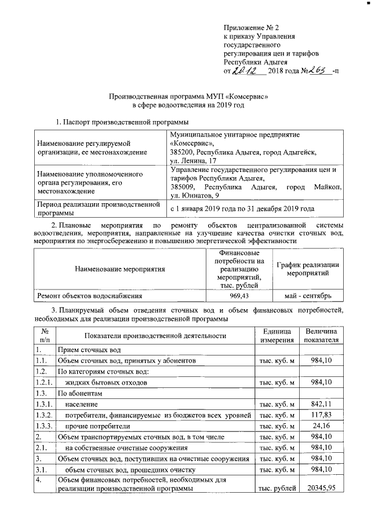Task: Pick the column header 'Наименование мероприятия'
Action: pos(120,269)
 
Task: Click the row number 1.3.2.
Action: pos(44,415)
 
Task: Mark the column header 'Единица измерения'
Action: pos(277,335)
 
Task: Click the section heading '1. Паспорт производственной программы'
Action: pos(121,122)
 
